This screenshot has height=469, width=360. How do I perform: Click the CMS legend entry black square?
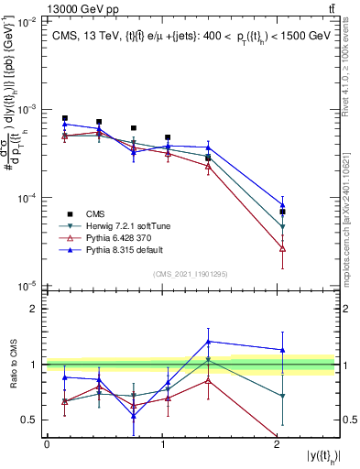[65, 213]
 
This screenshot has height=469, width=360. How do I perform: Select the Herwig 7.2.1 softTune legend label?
[121, 224]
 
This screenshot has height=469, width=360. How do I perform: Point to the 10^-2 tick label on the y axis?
[27, 20]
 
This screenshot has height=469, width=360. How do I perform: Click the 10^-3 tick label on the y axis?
[27, 109]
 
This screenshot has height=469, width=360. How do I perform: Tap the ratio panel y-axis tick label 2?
[35, 309]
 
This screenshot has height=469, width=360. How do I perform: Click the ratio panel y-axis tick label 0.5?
[31, 420]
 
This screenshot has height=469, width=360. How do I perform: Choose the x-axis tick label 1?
[161, 444]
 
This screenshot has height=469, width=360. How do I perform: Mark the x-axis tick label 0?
[47, 444]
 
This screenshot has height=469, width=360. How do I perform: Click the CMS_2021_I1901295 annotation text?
[191, 274]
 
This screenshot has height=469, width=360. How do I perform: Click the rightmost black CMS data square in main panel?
[283, 212]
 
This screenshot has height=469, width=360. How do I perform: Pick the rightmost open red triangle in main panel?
[283, 248]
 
